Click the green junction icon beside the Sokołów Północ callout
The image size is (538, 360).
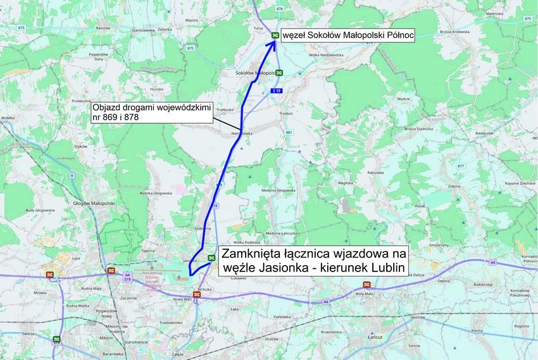tap(275, 35)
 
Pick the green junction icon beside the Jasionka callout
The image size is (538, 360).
tap(211, 258)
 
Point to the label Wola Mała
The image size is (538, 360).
tap(365, 294)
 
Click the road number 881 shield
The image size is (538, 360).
tap(290, 132)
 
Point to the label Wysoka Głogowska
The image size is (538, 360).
tap(156, 192)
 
